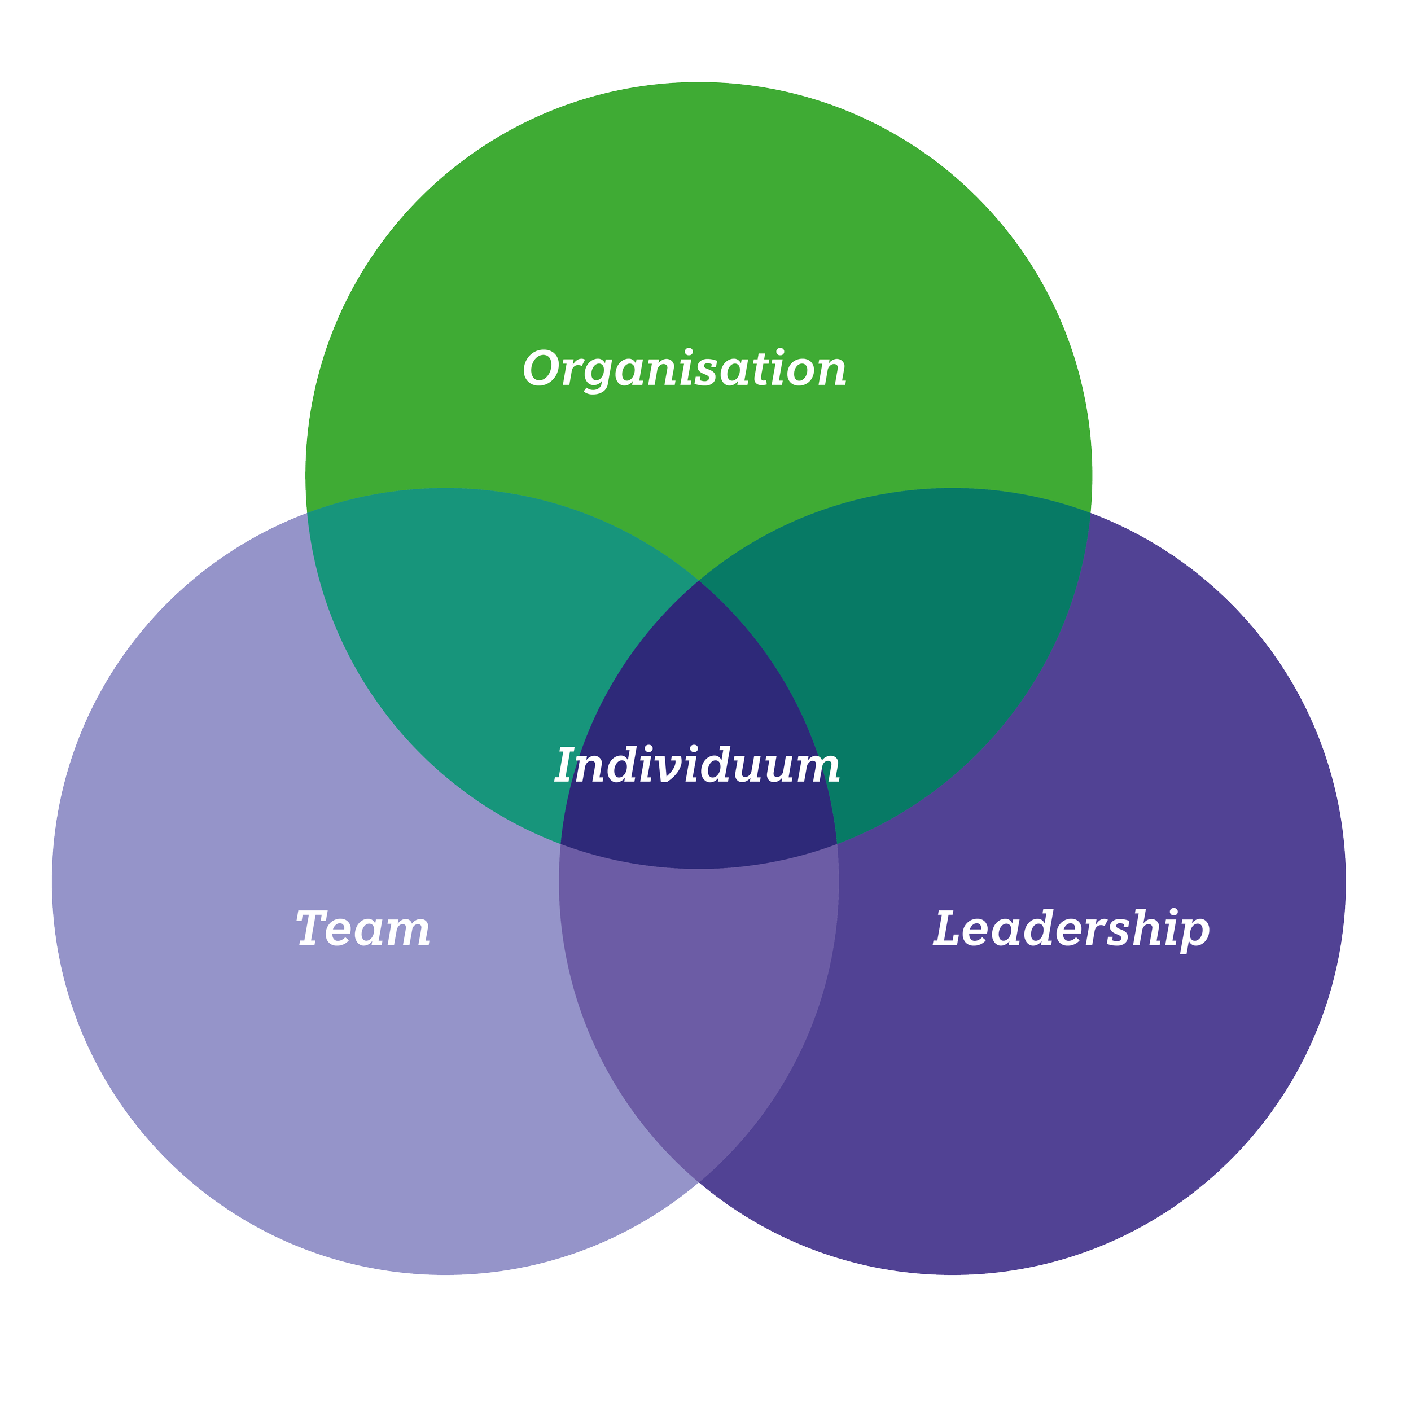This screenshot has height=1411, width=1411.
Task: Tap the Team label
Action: point(363,929)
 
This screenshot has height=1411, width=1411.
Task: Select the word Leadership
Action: point(1071,929)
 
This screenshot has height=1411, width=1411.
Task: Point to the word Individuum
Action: point(698,766)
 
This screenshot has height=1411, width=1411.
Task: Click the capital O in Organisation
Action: point(542,368)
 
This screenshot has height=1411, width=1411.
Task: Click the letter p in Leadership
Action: point(1193,934)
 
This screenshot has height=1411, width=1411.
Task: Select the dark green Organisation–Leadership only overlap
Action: point(913,658)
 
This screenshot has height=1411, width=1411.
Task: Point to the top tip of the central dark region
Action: point(699,581)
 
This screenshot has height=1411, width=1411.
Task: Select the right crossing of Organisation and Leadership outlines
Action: point(1090,512)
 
